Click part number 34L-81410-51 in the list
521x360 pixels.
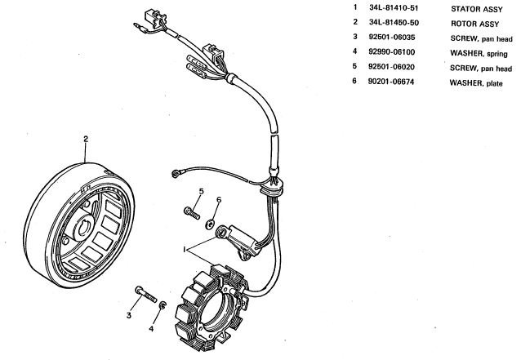tap(394, 7)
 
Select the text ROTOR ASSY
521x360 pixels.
tap(474, 24)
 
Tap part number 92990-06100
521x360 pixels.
tap(391, 51)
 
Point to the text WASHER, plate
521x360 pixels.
tap(476, 82)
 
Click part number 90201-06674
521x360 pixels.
tap(390, 82)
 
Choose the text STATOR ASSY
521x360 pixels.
tap(476, 9)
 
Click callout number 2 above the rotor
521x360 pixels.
tap(86, 139)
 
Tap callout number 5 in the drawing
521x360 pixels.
tap(202, 191)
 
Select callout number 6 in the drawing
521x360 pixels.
tap(219, 200)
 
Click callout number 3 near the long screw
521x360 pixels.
tap(129, 315)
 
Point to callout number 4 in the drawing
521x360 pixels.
tap(151, 329)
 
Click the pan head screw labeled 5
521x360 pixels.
tap(192, 213)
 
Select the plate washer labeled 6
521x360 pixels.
tap(210, 224)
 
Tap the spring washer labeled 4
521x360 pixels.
tap(163, 304)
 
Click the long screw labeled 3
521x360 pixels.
tap(146, 295)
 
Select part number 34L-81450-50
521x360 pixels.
tap(394, 22)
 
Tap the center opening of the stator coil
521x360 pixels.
tap(214, 310)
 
